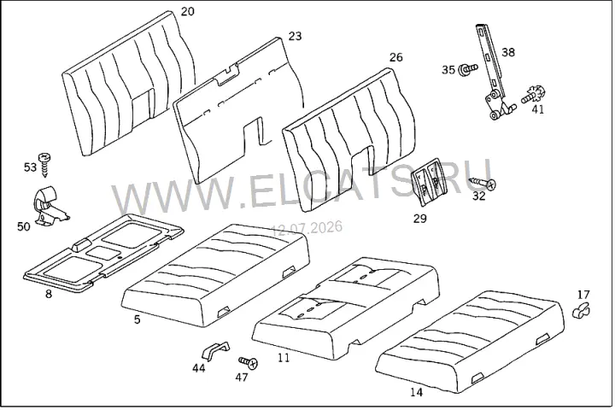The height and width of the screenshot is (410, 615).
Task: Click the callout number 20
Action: (187, 11)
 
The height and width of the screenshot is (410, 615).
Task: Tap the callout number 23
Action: (296, 36)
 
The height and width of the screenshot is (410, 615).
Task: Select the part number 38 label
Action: (508, 52)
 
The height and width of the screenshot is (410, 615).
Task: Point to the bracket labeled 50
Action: (49, 205)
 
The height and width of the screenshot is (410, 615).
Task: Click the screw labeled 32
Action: (483, 182)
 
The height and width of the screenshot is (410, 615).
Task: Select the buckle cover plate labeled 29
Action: (427, 181)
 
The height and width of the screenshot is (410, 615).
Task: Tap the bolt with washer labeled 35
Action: (468, 68)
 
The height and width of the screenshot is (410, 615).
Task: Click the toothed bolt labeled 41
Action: (534, 96)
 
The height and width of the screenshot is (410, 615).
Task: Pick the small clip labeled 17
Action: (582, 310)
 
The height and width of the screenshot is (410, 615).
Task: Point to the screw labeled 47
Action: (249, 362)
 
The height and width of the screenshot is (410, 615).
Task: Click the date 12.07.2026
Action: (307, 227)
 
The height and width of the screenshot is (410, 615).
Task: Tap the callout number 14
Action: (417, 392)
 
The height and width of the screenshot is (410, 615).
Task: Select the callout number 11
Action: (284, 358)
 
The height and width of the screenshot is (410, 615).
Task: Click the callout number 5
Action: (137, 319)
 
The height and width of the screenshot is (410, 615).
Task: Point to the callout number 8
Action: (49, 294)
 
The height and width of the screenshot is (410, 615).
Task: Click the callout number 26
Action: (396, 57)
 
